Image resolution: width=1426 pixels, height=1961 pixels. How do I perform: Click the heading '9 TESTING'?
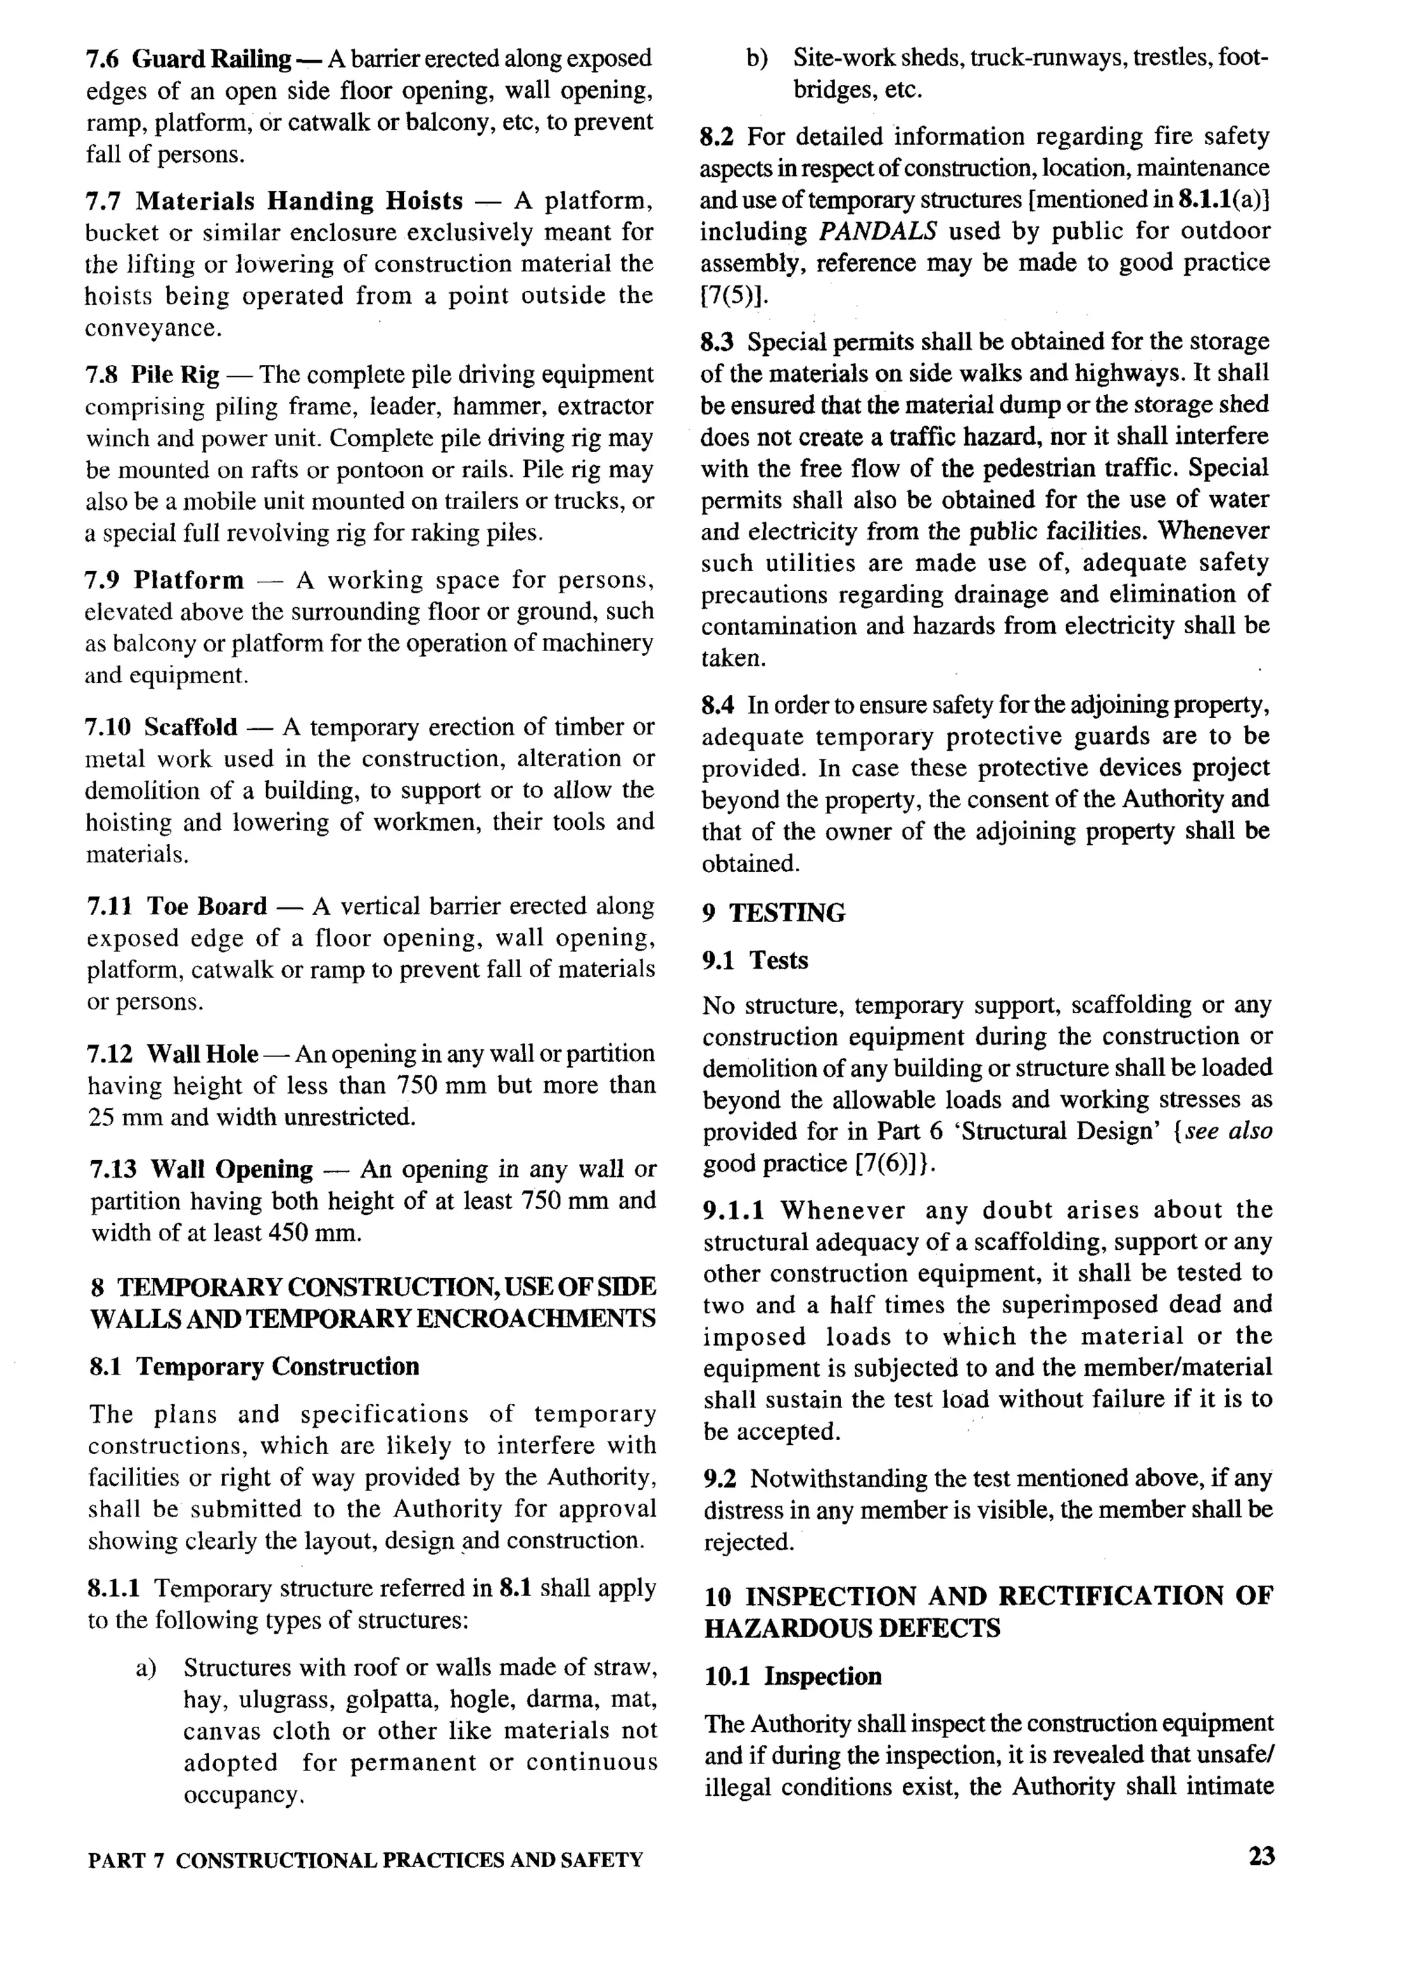774,913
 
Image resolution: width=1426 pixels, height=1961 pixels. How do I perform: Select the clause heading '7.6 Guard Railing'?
189,58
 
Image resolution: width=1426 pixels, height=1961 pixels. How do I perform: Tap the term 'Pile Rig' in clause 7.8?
175,375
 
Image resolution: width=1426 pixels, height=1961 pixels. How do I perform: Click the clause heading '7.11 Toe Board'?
178,906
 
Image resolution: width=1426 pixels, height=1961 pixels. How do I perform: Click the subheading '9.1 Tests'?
755,960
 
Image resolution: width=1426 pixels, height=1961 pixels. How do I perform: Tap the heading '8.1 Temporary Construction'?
254,1366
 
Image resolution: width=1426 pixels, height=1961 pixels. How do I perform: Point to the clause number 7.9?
103,580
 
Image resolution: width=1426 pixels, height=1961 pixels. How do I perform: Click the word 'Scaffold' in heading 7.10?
190,727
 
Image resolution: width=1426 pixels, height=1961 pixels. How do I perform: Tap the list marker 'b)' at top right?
758,58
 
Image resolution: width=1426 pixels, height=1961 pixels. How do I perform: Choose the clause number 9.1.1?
733,1210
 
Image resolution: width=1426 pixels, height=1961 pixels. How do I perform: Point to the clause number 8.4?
718,705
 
